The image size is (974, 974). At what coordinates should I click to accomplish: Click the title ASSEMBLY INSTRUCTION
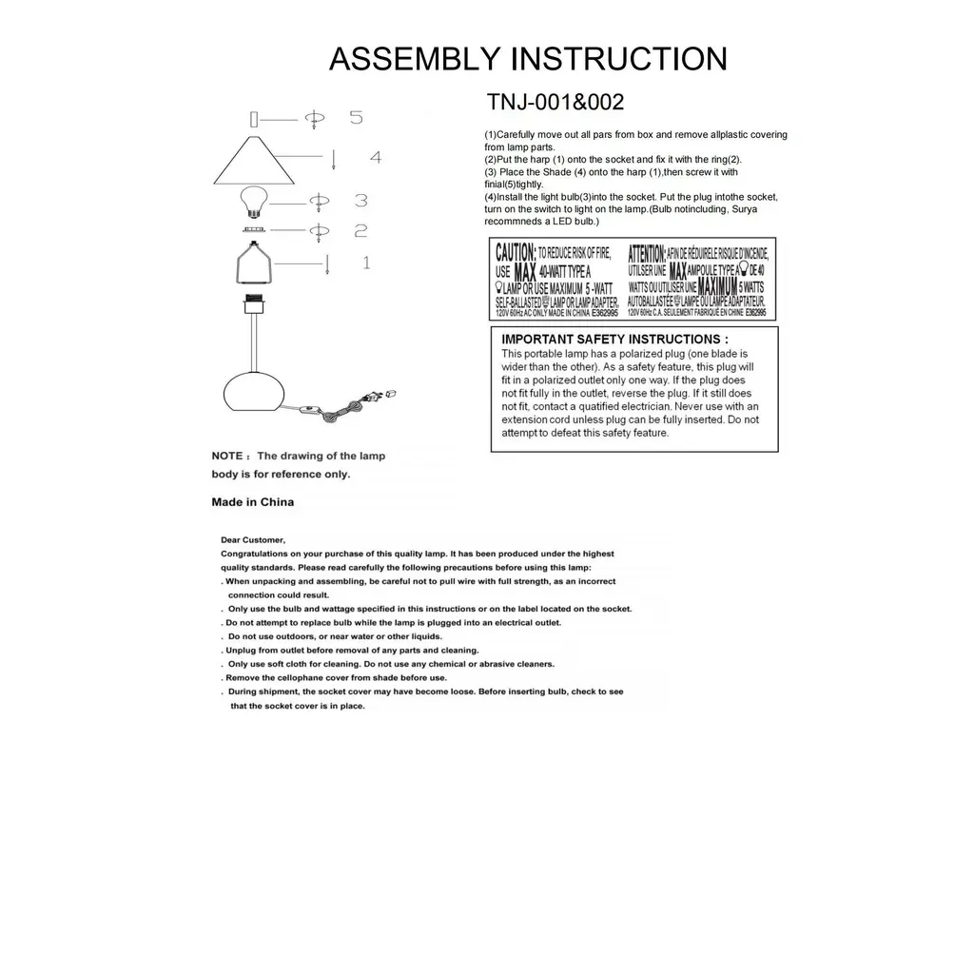pos(528,59)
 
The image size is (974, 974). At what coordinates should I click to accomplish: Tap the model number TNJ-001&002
pos(555,102)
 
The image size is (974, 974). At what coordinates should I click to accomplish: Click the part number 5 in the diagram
pos(356,118)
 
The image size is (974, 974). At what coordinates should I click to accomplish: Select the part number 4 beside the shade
pos(375,157)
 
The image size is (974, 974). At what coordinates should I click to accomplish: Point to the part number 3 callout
pos(360,201)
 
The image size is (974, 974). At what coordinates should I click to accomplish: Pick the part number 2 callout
pos(360,230)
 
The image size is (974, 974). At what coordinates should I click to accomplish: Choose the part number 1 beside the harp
pos(365,262)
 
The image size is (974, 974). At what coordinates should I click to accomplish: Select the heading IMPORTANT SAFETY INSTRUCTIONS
pos(614,339)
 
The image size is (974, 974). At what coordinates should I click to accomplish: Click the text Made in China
pos(252,502)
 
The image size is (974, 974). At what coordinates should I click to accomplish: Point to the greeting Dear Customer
pos(253,540)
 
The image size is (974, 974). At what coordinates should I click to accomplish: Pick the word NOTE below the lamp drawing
pos(228,457)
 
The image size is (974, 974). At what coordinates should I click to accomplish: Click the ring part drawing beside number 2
pos(252,229)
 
